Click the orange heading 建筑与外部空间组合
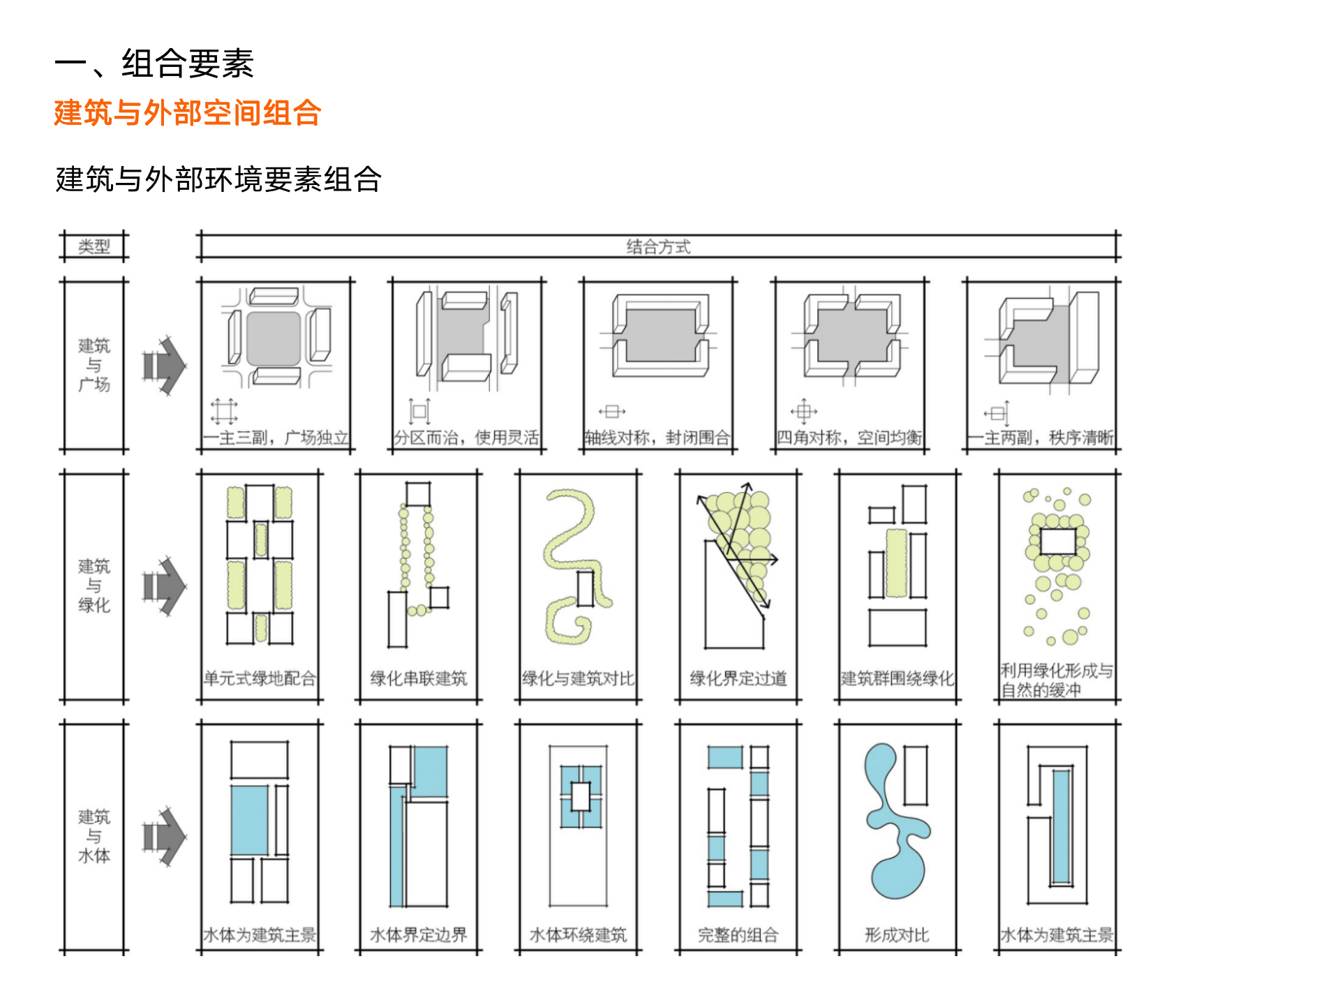[x=187, y=113]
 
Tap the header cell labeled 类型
[x=94, y=246]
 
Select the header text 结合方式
[x=658, y=246]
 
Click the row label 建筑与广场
[x=94, y=365]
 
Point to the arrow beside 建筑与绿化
[x=165, y=586]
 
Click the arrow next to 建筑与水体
[x=165, y=836]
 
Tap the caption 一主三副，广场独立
[x=276, y=438]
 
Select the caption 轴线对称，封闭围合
[x=657, y=438]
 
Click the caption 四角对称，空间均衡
[x=849, y=438]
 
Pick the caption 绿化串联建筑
[x=419, y=678]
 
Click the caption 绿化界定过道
[x=738, y=678]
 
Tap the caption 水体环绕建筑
[x=578, y=935]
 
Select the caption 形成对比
[x=897, y=935]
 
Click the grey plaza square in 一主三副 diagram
[x=274, y=338]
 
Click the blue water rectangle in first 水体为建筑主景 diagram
[x=249, y=820]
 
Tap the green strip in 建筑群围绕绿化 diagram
[x=896, y=563]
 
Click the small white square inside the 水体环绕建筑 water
[x=581, y=796]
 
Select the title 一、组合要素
[x=154, y=64]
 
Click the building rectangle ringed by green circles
[x=1058, y=542]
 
